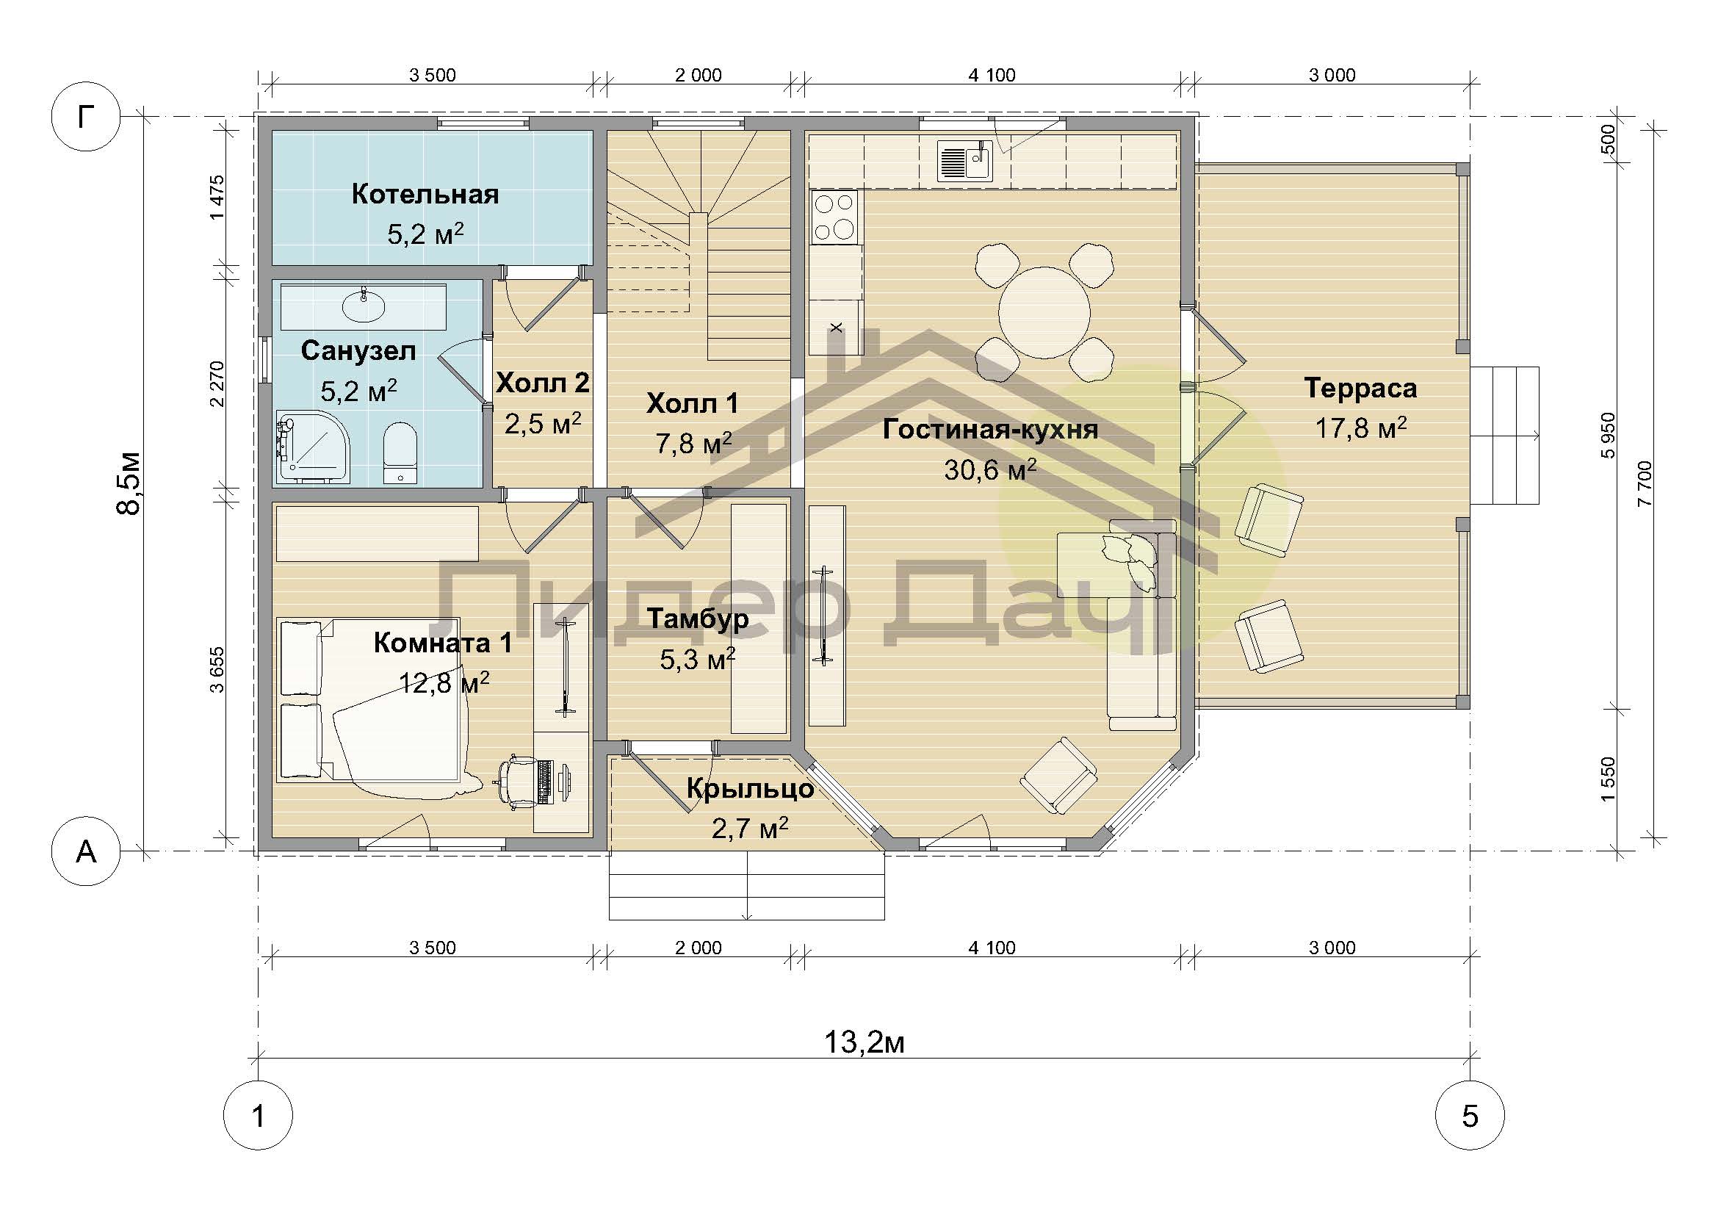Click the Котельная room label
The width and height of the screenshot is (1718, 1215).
pyautogui.click(x=425, y=195)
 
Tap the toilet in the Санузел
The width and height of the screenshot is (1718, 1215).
pyautogui.click(x=400, y=453)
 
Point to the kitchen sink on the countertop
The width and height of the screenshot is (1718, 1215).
pyautogui.click(x=964, y=163)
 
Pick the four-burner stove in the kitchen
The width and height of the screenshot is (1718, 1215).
pyautogui.click(x=835, y=217)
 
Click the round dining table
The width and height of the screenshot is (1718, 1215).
pyautogui.click(x=1044, y=311)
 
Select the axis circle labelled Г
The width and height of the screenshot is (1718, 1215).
pyautogui.click(x=85, y=116)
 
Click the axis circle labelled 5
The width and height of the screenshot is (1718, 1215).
pyautogui.click(x=1470, y=1117)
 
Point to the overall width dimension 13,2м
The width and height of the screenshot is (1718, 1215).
pyautogui.click(x=865, y=1042)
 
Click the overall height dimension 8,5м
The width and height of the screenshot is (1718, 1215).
pyautogui.click(x=128, y=483)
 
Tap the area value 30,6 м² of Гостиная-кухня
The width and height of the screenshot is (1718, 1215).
pyautogui.click(x=990, y=470)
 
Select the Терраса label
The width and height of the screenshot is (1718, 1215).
pyautogui.click(x=1360, y=388)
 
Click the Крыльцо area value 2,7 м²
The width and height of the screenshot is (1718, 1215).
pyautogui.click(x=750, y=827)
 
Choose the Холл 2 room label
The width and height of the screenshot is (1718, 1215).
pyautogui.click(x=543, y=383)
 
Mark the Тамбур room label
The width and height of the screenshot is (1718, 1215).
pyautogui.click(x=697, y=619)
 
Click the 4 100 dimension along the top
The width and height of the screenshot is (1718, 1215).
pyautogui.click(x=992, y=75)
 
